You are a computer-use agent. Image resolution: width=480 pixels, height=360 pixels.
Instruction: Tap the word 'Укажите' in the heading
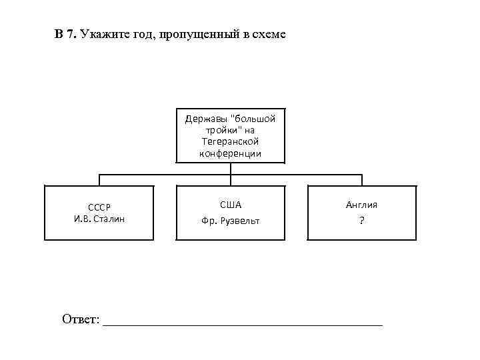point(101,34)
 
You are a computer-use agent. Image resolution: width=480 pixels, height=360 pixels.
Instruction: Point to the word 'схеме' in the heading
point(269,34)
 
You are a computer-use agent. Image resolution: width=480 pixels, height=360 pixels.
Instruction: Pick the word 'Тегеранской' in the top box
point(230,142)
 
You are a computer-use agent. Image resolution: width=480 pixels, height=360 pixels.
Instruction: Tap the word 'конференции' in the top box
point(230,153)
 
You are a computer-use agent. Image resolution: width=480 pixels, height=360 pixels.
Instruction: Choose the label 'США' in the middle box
point(230,205)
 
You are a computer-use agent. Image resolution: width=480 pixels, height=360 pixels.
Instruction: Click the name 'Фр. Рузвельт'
point(230,221)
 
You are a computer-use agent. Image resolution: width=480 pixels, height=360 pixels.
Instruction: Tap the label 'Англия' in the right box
point(361,205)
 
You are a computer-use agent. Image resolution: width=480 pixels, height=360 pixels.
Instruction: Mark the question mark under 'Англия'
point(361,221)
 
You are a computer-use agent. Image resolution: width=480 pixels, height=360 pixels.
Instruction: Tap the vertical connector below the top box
point(230,169)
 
